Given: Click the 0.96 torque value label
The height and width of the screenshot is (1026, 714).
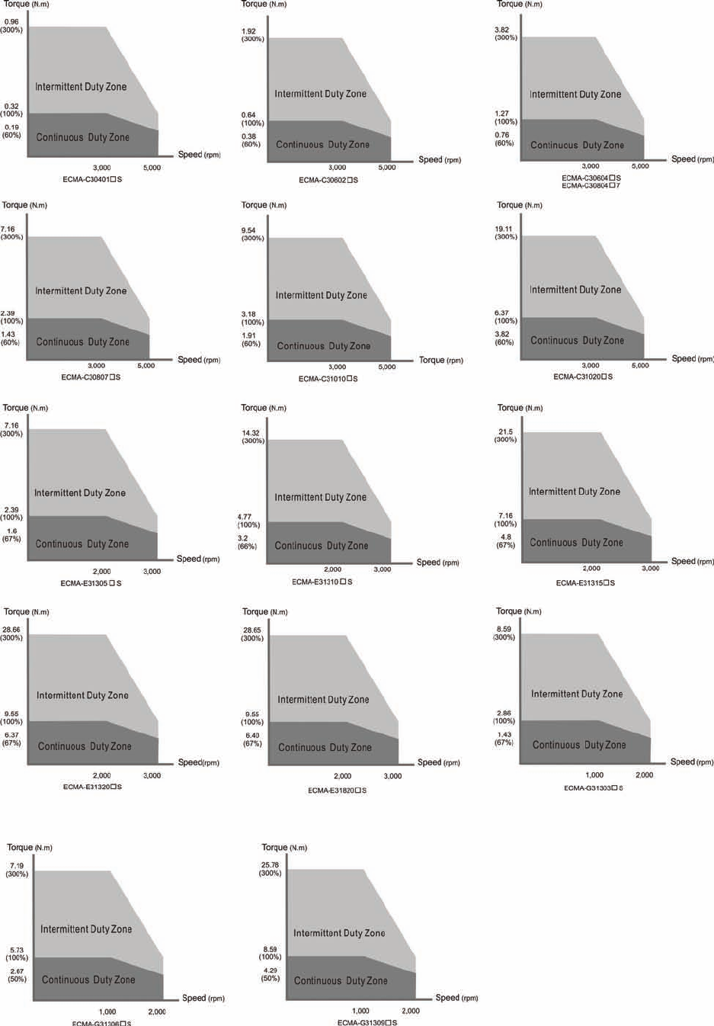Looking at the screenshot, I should [11, 22].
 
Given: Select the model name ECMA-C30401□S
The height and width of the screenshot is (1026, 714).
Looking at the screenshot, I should [92, 179].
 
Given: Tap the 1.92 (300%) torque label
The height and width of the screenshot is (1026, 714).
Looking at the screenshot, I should [252, 35].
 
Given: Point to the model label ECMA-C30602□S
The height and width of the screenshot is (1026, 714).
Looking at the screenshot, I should [328, 180].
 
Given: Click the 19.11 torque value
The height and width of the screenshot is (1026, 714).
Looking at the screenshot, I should [504, 229].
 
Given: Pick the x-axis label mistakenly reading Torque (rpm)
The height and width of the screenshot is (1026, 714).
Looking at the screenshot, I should [440, 360].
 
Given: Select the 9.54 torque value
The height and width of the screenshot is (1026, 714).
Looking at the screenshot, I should [248, 230].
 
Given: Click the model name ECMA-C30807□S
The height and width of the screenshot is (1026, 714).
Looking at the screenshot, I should [91, 377].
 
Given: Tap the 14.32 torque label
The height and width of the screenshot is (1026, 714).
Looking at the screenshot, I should [250, 433].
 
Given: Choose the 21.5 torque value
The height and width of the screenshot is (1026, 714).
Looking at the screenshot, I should [505, 431].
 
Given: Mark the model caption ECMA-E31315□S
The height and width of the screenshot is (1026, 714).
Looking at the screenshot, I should [585, 583].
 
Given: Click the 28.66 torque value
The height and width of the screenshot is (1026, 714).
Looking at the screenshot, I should [11, 630].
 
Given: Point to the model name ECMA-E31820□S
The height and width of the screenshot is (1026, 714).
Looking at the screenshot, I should [337, 790].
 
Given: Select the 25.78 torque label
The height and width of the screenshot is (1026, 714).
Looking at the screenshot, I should [270, 864].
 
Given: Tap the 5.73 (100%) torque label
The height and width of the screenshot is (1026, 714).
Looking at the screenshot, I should [17, 954].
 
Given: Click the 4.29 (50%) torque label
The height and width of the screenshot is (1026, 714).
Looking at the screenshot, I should [270, 974].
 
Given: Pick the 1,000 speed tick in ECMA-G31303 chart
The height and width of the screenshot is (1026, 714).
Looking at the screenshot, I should [594, 775].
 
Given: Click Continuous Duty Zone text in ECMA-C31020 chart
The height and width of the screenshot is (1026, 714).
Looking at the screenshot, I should [577, 341].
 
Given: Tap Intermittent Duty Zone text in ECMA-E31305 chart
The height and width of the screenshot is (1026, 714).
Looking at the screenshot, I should [80, 493].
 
